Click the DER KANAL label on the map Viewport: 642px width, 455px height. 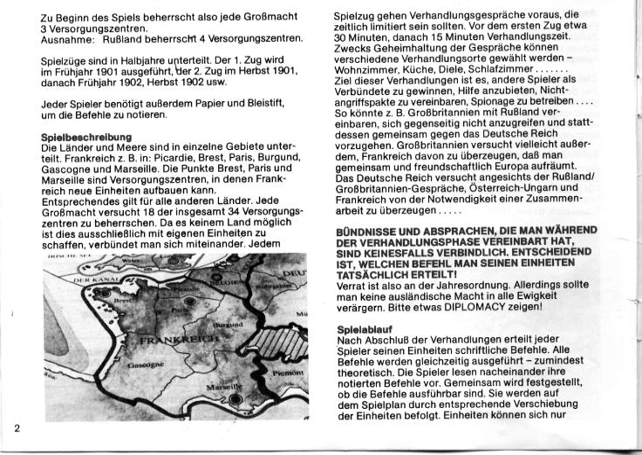pyautogui.click(x=91, y=280)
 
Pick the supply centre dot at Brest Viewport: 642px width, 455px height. pyautogui.click(x=106, y=294)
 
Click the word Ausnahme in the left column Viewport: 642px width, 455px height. pyautogui.click(x=66, y=39)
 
